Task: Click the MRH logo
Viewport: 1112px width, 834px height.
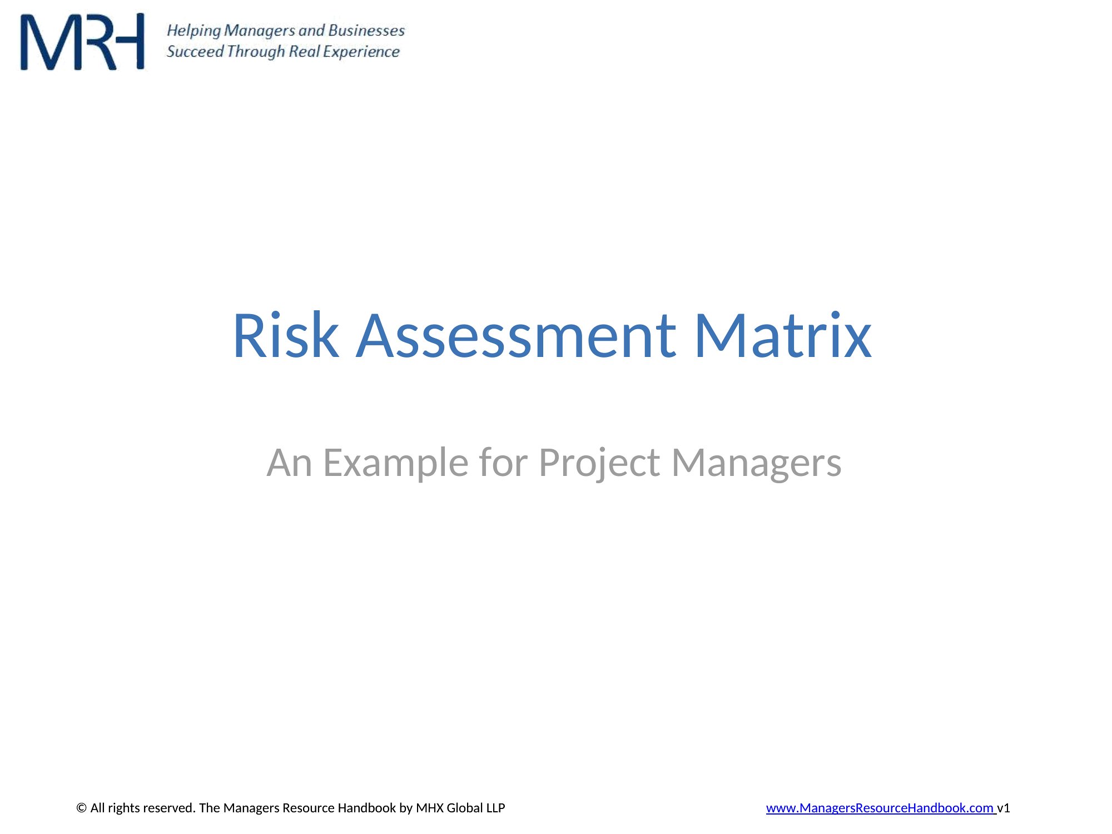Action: coord(82,42)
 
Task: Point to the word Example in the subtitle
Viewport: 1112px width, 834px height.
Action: coord(396,463)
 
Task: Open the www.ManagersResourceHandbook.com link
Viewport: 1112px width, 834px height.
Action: coord(880,808)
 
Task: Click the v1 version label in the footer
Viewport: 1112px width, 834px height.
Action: coord(1004,808)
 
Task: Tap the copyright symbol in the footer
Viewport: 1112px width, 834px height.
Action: coord(82,808)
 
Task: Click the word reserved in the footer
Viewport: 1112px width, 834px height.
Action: coord(171,808)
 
